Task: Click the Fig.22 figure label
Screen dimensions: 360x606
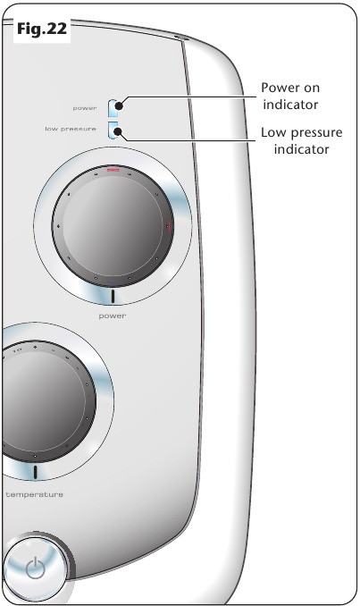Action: (x=42, y=29)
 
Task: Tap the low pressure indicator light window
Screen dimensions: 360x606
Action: (x=114, y=130)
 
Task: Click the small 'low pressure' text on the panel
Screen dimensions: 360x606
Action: (x=71, y=129)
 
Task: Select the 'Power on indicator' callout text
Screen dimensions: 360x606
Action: (x=290, y=96)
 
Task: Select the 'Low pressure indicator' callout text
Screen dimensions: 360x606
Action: (x=302, y=140)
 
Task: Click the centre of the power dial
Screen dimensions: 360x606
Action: (x=113, y=226)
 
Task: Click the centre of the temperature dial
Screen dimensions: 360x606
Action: (x=42, y=401)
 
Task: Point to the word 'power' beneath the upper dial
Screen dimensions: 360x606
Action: (x=113, y=316)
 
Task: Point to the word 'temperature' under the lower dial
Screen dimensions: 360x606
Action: (x=34, y=494)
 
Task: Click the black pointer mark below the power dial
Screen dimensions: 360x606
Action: (x=113, y=296)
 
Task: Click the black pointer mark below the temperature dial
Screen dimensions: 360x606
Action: (x=35, y=472)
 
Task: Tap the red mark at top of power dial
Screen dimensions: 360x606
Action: (x=113, y=169)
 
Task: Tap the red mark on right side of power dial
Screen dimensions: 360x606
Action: (x=169, y=226)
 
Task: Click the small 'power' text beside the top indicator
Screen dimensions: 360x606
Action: (x=85, y=108)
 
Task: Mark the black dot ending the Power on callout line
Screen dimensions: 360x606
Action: (x=120, y=105)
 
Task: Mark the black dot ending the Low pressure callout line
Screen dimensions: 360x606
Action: (x=118, y=132)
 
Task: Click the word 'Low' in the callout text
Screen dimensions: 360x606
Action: (x=274, y=132)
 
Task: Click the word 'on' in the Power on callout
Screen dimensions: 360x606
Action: (x=312, y=88)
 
